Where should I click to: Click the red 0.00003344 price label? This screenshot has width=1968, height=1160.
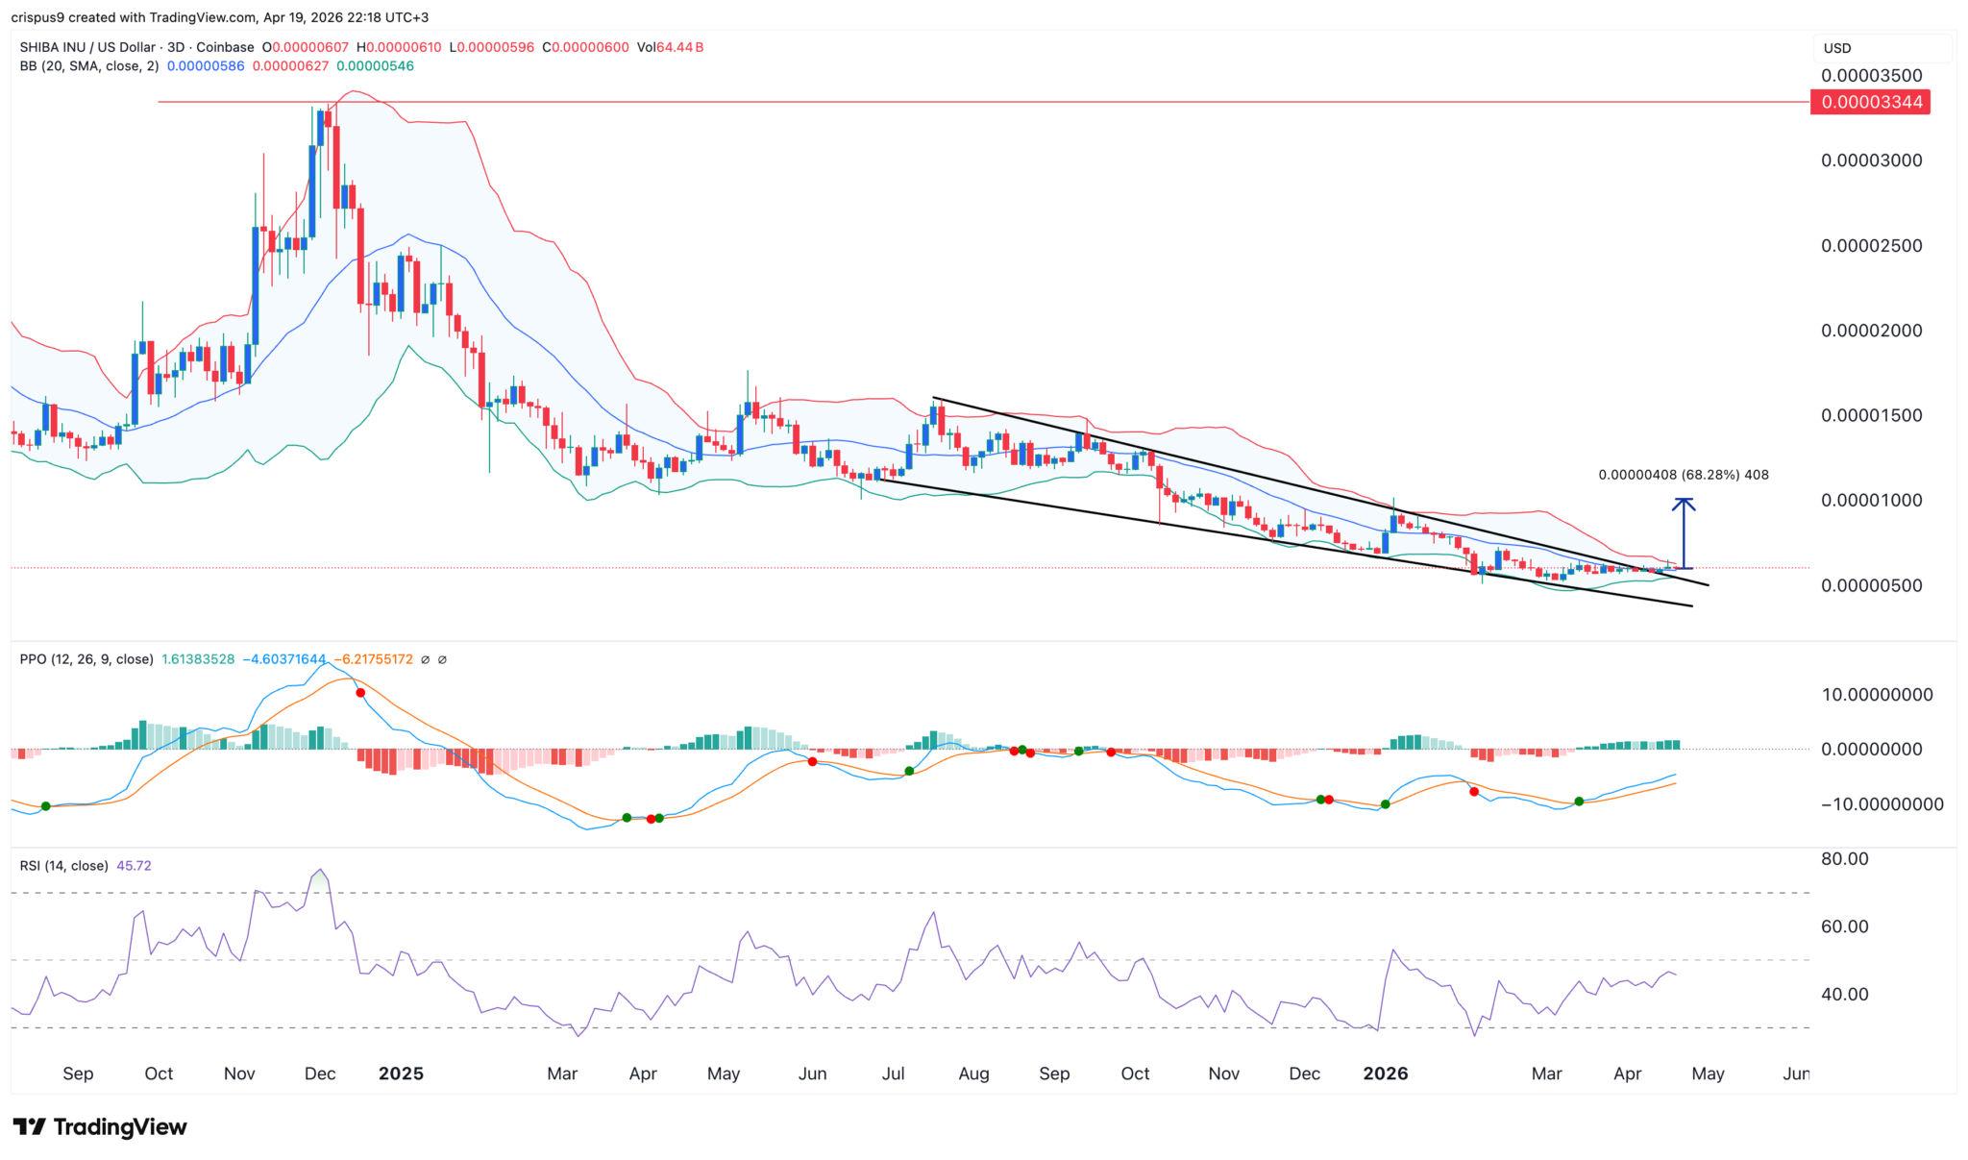1869,102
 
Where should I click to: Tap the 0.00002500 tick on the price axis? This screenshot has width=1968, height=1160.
1871,245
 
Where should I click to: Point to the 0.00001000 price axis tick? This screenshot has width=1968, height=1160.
1871,500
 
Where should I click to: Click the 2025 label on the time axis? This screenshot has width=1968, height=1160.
401,1074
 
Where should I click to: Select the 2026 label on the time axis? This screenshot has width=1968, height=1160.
1385,1074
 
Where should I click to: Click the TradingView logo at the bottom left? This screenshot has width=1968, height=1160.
100,1126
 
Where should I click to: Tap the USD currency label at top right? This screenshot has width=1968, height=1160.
1837,48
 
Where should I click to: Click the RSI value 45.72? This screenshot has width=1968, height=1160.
134,866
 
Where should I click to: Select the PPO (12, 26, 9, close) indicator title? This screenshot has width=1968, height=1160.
86,659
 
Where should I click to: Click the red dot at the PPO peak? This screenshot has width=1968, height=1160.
360,693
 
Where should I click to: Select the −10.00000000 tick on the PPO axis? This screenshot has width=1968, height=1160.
1881,804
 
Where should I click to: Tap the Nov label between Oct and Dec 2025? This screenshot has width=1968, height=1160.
1223,1074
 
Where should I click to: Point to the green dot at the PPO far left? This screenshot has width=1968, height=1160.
45,805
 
